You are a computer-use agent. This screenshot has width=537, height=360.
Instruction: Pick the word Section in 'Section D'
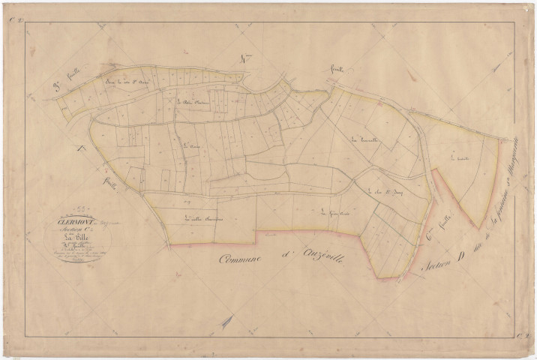(439, 259)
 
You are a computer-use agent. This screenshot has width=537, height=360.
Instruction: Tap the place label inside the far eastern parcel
(450, 158)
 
